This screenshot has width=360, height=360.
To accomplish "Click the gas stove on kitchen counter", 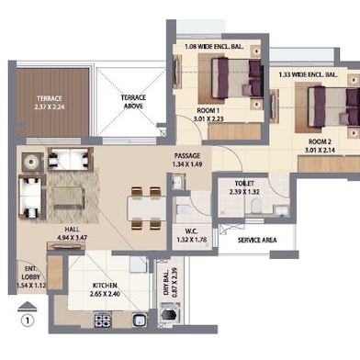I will click(x=103, y=320).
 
